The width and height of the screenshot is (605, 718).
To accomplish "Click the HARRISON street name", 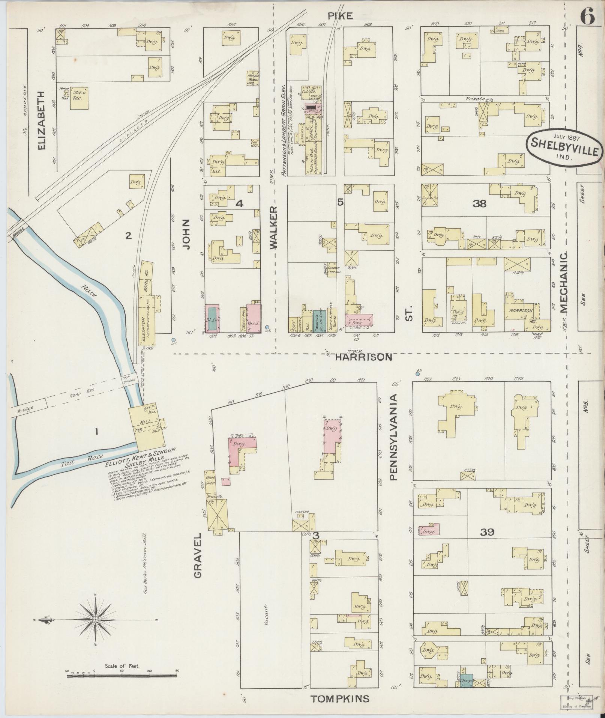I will [363, 357].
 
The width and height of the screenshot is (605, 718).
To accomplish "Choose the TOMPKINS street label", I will [340, 698].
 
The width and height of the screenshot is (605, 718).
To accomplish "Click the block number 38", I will [479, 204].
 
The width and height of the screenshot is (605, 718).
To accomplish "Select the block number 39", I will [486, 532].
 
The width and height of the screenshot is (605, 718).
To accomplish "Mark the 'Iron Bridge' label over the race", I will [126, 381].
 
